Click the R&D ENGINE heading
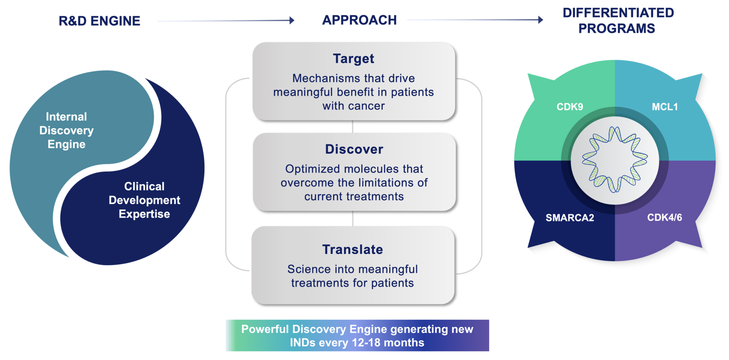tap(99, 21)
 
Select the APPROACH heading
tap(359, 20)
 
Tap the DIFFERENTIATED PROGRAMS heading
tap(618, 21)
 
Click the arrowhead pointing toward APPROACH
tap(292, 20)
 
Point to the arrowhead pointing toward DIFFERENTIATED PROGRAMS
tap(541, 20)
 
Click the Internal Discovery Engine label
tap(67, 130)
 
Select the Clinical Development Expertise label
tap(144, 200)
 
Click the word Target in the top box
tap(353, 59)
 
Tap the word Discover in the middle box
tap(354, 149)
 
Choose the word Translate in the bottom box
tap(353, 250)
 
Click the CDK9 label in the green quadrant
tap(570, 107)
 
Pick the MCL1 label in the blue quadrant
tap(665, 107)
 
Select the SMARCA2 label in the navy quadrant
tap(570, 218)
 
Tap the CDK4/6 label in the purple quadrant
tap(664, 217)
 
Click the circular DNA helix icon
tap(615, 160)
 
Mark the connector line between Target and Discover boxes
tap(353, 126)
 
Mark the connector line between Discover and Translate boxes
tap(353, 218)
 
